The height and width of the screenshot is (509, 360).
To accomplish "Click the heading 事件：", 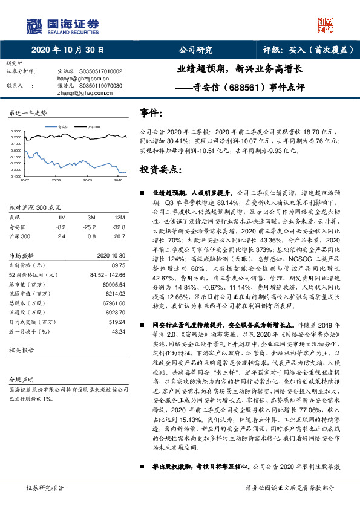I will click(x=151, y=113).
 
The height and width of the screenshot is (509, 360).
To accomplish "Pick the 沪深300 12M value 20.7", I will click(x=119, y=236).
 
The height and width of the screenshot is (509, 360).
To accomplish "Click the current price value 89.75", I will click(x=118, y=265).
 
